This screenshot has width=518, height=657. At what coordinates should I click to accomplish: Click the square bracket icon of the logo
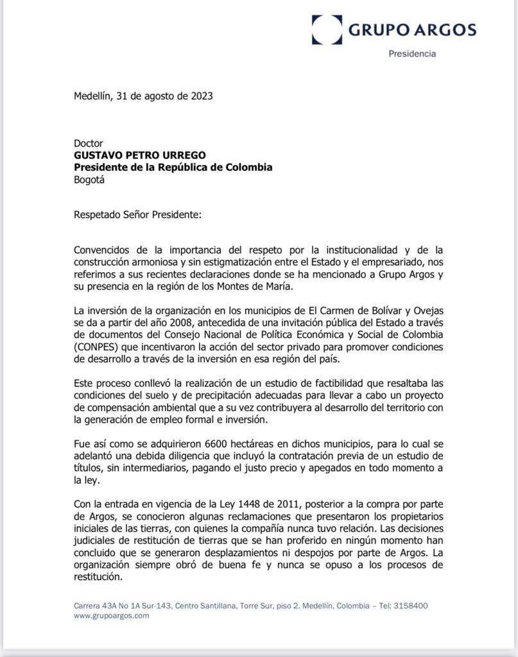tap(327, 30)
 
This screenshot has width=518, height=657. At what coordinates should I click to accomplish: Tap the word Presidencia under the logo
tap(412, 54)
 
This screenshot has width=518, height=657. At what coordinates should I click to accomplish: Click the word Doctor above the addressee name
tap(89, 143)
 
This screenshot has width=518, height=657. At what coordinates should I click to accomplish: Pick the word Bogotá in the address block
tap(89, 180)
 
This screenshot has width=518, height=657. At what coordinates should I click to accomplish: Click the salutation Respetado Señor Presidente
tap(137, 214)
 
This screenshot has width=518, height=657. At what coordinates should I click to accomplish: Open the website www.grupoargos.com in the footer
tap(111, 615)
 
